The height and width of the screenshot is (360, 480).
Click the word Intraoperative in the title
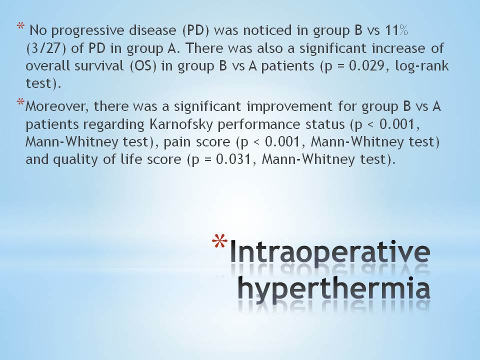click(x=330, y=252)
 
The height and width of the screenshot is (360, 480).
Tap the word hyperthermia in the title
click(x=334, y=289)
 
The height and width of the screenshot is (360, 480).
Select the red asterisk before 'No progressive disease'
click(x=21, y=25)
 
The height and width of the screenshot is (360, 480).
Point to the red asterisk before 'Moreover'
click(x=21, y=101)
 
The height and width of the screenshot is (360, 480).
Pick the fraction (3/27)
click(x=46, y=48)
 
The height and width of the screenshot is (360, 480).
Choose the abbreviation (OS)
click(x=143, y=66)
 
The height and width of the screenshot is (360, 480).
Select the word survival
click(x=99, y=66)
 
